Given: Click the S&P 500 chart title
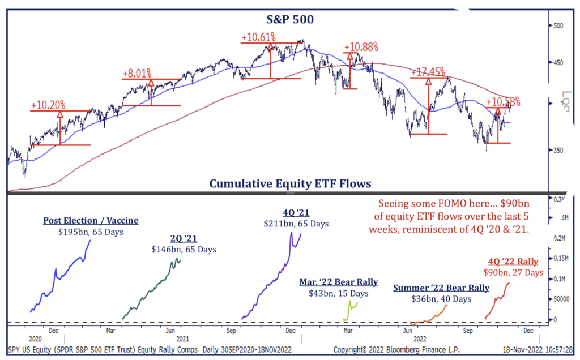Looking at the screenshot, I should [x=291, y=20].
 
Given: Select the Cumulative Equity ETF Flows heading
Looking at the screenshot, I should [x=290, y=183].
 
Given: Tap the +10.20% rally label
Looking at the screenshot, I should [x=48, y=105].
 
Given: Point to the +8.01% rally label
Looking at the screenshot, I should [x=138, y=73].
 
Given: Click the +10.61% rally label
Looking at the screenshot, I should [x=258, y=37].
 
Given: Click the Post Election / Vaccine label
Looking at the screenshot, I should [x=91, y=221].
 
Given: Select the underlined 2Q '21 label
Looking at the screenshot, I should [x=184, y=238].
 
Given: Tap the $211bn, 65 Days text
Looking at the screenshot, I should [x=296, y=223].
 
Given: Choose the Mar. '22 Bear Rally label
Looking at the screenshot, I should [x=339, y=282].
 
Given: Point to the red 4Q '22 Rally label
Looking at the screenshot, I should [x=513, y=262].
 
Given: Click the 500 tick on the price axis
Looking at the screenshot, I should [x=558, y=26].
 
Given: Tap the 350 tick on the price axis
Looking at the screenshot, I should [x=558, y=151].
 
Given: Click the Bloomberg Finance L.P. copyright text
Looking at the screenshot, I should [x=392, y=350].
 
